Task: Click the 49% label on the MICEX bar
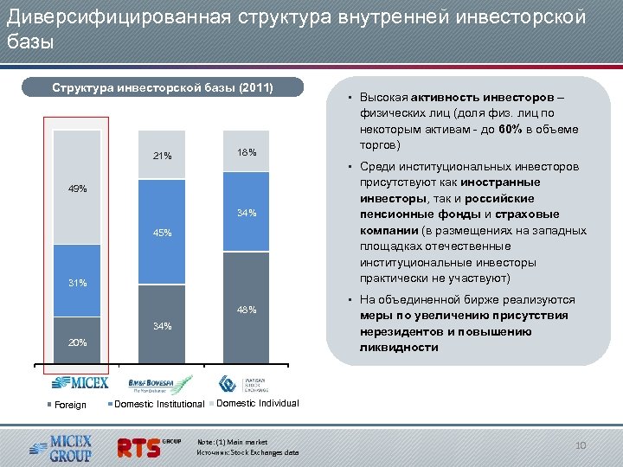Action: click(x=77, y=189)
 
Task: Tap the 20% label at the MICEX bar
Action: click(x=77, y=342)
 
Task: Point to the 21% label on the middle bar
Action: click(x=162, y=157)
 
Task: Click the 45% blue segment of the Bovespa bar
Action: click(x=162, y=233)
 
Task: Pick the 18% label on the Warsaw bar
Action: click(x=247, y=153)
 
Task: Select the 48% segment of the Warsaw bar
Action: click(x=247, y=310)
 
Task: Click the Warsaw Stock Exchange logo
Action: click(x=245, y=383)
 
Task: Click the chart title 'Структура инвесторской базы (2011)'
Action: click(x=163, y=87)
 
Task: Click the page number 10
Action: click(x=581, y=445)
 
